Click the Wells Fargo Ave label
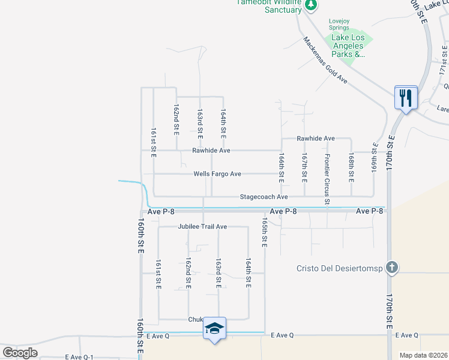[217, 174]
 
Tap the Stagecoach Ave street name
[264, 197]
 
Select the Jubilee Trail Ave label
[202, 227]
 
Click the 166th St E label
[281, 167]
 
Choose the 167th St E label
[304, 167]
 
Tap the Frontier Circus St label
[327, 179]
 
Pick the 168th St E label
[351, 167]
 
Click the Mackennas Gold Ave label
[325, 60]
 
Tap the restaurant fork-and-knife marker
[406, 97]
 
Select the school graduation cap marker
[214, 328]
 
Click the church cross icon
[391, 268]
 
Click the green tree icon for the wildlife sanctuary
[310, 5]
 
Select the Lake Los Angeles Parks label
[348, 46]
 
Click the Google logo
[20, 352]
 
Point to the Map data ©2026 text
[423, 355]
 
